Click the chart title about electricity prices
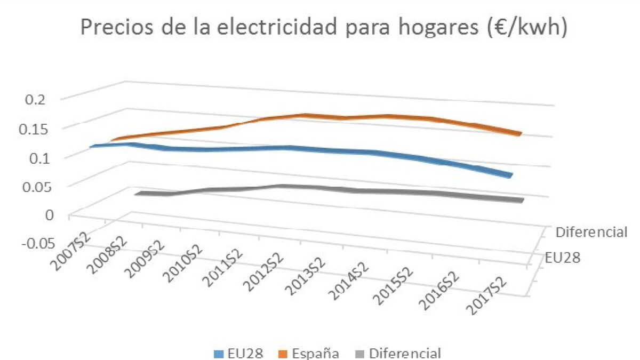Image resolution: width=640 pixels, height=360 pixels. point(324,27)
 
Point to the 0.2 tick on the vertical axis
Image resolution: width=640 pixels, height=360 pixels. point(35,100)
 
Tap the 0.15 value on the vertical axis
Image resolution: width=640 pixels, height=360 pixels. point(32,130)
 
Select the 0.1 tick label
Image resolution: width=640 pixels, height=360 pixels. point(39,158)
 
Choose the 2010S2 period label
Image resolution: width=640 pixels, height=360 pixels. point(183,264)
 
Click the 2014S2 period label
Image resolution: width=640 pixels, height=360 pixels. point(349,282)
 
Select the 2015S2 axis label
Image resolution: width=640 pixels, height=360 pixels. point(394,286)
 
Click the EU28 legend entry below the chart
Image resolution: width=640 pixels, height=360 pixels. point(238,354)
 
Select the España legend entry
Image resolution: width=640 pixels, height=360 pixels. point(309,354)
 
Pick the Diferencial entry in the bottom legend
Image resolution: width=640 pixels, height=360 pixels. point(398,354)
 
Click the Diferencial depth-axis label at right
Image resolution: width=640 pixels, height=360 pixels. point(591,232)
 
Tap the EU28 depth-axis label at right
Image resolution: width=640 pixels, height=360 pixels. point(563,258)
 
